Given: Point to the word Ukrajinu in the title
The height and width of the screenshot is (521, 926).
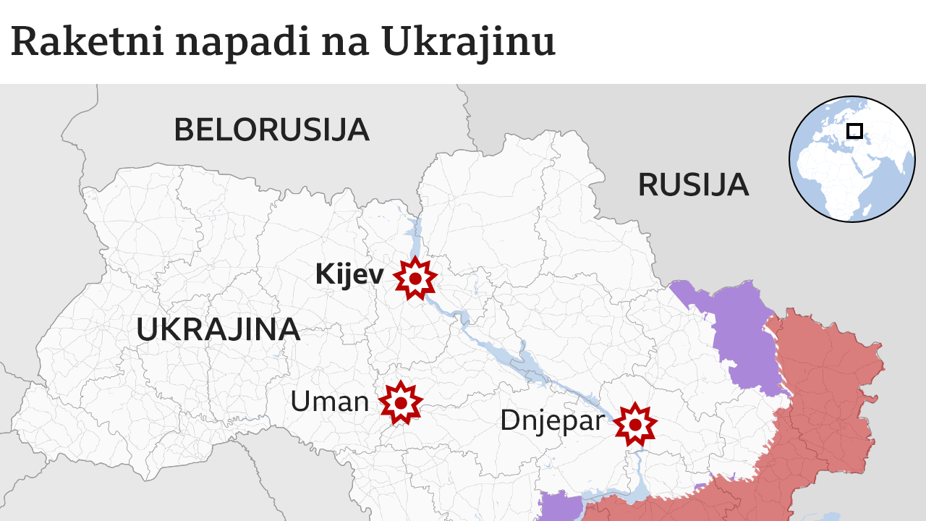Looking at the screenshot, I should pyautogui.click(x=468, y=42).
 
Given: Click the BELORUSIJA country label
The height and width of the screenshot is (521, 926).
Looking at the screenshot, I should pyautogui.click(x=271, y=130).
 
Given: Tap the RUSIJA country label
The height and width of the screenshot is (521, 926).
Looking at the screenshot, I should pyautogui.click(x=692, y=185).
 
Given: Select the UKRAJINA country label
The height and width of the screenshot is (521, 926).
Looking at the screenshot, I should pyautogui.click(x=218, y=329).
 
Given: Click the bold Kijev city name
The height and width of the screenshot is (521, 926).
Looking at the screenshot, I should pyautogui.click(x=349, y=275).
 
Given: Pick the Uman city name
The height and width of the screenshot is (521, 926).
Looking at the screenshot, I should pyautogui.click(x=329, y=401).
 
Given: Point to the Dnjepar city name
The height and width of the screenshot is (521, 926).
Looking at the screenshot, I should pyautogui.click(x=552, y=420).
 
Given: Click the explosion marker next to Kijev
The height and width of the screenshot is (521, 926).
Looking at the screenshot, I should pyautogui.click(x=415, y=278).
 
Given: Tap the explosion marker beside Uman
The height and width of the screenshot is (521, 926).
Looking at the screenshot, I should pyautogui.click(x=400, y=402).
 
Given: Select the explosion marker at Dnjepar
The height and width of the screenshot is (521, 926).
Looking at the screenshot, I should pyautogui.click(x=635, y=424).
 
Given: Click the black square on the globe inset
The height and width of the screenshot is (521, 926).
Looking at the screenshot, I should pyautogui.click(x=854, y=131).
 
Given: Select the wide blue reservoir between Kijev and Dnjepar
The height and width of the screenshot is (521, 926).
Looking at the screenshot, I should pyautogui.click(x=524, y=362).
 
